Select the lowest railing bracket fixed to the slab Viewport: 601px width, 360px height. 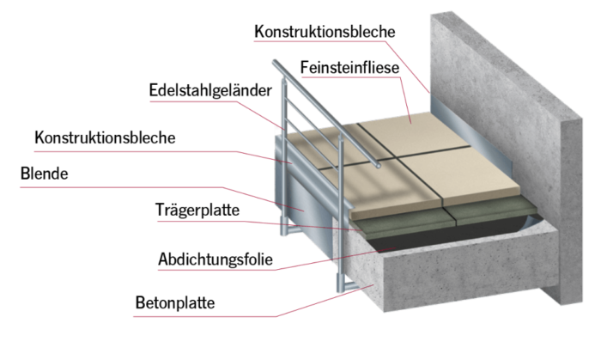[343, 282]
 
